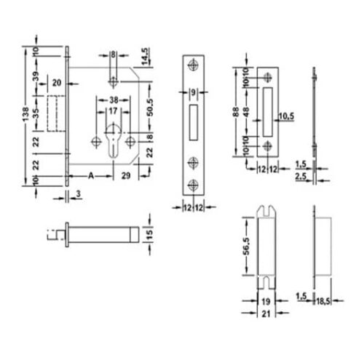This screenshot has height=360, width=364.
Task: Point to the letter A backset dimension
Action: (90, 175)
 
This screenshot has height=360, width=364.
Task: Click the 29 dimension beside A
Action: (125, 175)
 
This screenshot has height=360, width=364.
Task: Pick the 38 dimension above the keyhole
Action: (114, 101)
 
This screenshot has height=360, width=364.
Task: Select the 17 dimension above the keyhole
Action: (114, 112)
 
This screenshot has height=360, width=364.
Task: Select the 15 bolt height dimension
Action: (148, 233)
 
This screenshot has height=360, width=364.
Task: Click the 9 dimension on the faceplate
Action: (193, 92)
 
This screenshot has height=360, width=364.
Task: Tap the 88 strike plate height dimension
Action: (235, 112)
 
